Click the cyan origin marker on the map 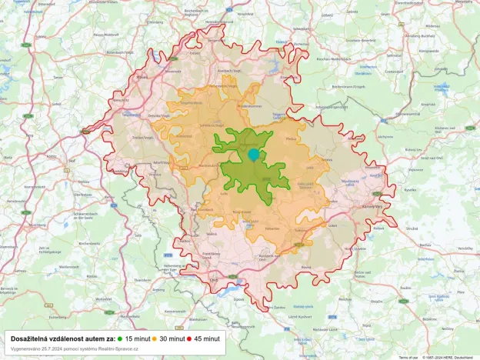click(x=254, y=155)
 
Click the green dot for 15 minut click(x=121, y=338)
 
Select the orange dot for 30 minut click(x=155, y=338)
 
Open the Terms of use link click(x=408, y=357)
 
